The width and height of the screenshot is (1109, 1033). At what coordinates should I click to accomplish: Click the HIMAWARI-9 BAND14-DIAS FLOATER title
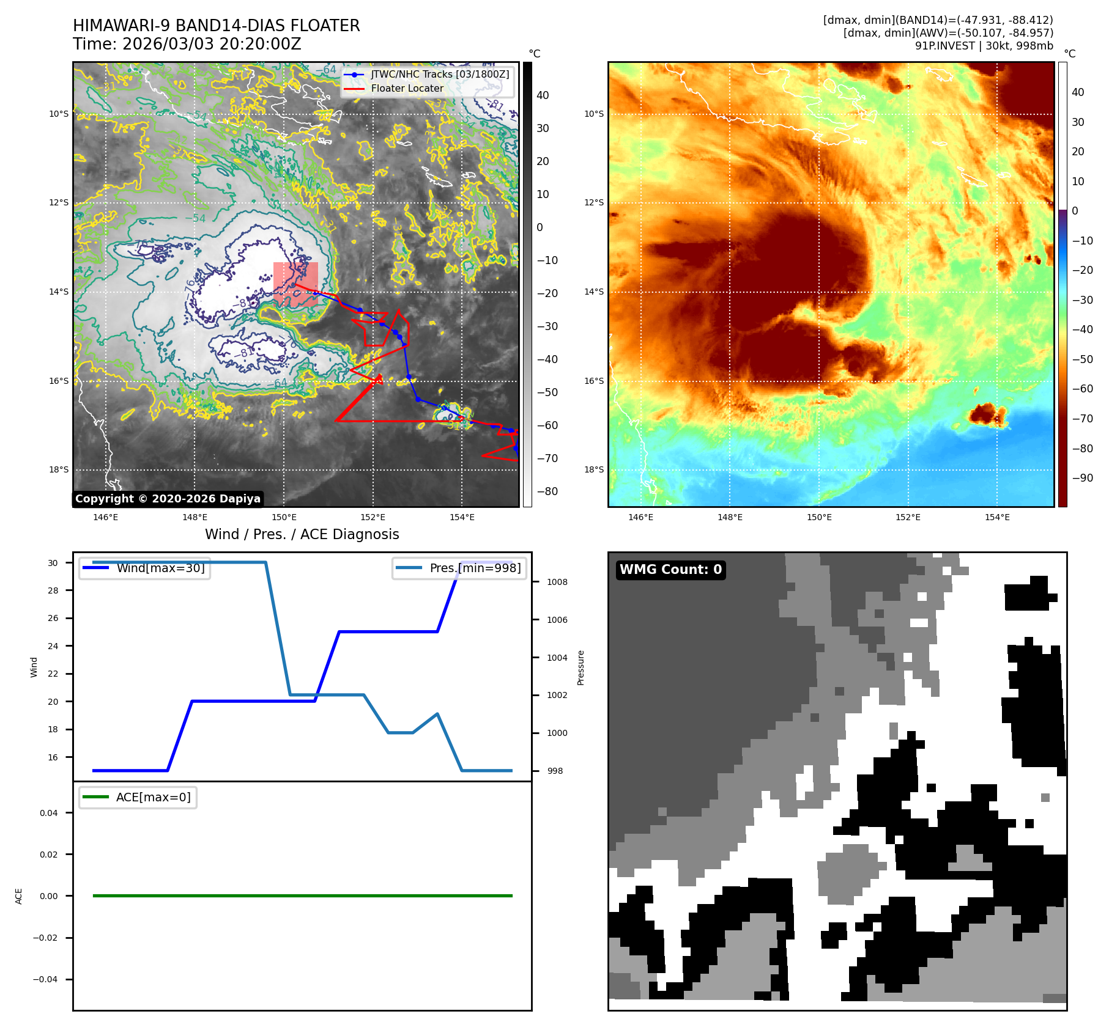click(x=216, y=26)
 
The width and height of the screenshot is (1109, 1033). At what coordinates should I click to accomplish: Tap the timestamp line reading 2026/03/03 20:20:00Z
click(x=187, y=44)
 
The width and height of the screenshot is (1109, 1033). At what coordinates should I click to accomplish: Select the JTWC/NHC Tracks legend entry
click(x=439, y=74)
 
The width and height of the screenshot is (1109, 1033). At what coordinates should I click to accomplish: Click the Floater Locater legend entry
click(x=407, y=88)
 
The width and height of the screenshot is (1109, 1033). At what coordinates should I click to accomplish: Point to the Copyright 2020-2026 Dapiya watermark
click(x=168, y=499)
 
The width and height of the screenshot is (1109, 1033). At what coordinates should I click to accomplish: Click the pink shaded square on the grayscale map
click(x=295, y=284)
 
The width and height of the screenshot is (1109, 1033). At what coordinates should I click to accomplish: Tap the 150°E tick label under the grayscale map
click(x=284, y=517)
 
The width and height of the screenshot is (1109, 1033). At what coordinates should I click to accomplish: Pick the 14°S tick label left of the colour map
click(x=593, y=292)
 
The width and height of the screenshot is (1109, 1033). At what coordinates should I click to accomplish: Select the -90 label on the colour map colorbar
click(x=1082, y=477)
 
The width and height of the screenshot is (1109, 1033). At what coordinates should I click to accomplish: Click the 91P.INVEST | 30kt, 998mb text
click(x=984, y=46)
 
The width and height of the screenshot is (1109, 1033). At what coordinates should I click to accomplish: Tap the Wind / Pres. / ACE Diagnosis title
click(x=302, y=534)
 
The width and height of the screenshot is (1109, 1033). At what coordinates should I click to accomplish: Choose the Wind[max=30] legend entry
click(x=160, y=568)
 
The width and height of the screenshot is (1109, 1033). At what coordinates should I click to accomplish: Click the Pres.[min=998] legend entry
click(x=475, y=568)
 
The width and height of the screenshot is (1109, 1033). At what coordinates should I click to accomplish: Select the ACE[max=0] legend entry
click(x=153, y=797)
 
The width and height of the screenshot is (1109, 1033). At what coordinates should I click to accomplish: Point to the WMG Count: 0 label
click(x=670, y=569)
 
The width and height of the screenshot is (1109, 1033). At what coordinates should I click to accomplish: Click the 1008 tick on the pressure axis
click(x=557, y=582)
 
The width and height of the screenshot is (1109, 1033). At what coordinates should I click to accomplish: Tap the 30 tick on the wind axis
click(x=53, y=563)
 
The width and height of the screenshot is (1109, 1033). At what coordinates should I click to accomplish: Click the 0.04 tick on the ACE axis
click(x=49, y=813)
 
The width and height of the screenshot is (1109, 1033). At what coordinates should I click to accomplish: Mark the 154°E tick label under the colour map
click(x=997, y=517)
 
